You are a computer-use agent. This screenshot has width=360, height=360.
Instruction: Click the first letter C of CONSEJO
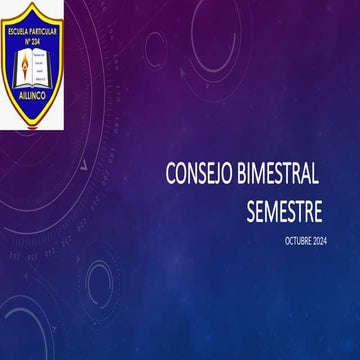click(x=172, y=175)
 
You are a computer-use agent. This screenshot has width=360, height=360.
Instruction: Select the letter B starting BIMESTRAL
click(x=243, y=175)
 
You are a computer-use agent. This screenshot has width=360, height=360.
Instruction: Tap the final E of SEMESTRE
click(x=317, y=211)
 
